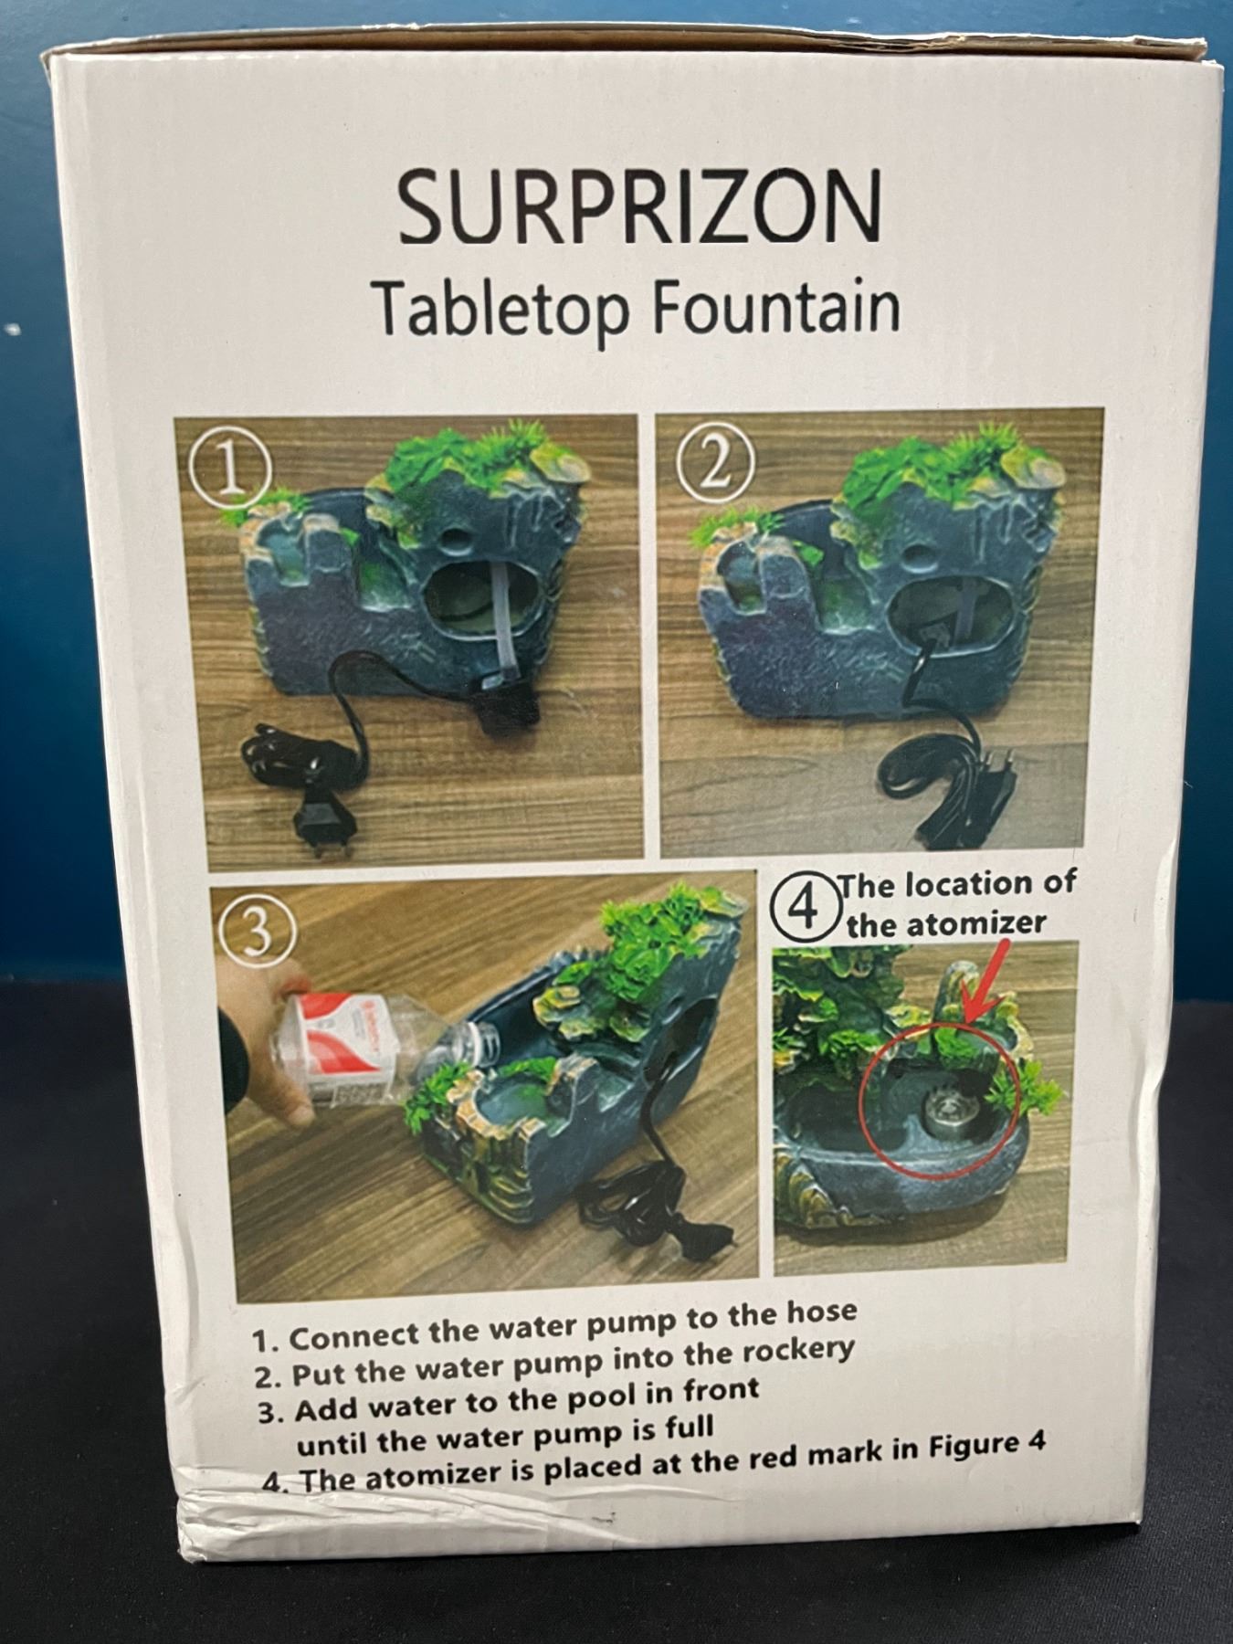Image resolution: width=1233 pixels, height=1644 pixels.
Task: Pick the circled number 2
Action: [x=715, y=466]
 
